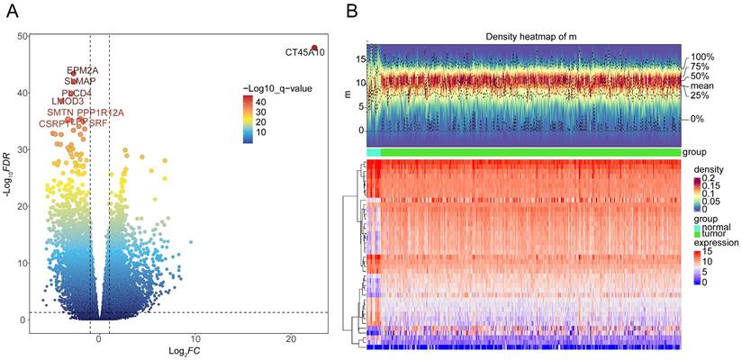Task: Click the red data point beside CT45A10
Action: pyautogui.click(x=315, y=48)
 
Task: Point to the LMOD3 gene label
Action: pyautogui.click(x=68, y=102)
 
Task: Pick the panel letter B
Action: pyautogui.click(x=352, y=11)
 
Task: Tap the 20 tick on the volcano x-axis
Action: pyautogui.click(x=290, y=337)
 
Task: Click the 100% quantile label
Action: pyautogui.click(x=701, y=57)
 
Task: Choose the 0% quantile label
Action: pyautogui.click(x=698, y=119)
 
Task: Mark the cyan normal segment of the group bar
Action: pyautogui.click(x=374, y=152)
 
